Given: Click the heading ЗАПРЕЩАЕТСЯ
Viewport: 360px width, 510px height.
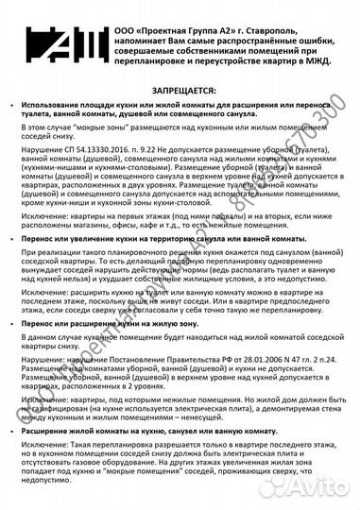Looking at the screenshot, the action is coord(180,82).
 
